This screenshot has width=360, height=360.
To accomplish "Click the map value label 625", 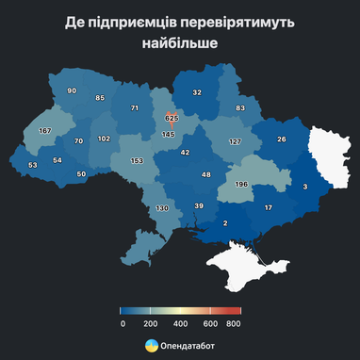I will pyautogui.click(x=171, y=119).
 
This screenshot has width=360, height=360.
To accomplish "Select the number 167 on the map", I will pyautogui.click(x=44, y=130).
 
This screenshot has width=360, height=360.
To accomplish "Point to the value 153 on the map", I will pyautogui.click(x=137, y=161).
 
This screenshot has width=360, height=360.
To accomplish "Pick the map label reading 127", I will pyautogui.click(x=235, y=141).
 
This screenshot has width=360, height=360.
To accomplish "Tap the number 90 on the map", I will pyautogui.click(x=72, y=90).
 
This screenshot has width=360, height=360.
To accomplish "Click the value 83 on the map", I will pyautogui.click(x=240, y=109).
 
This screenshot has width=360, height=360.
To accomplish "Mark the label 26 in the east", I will pyautogui.click(x=282, y=139).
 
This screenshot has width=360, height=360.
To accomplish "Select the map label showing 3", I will pyautogui.click(x=304, y=188).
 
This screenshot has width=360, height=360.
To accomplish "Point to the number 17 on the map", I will pyautogui.click(x=268, y=207).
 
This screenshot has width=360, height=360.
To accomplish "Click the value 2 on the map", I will pyautogui.click(x=225, y=222).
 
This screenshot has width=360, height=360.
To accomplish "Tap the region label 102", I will pyautogui.click(x=104, y=139).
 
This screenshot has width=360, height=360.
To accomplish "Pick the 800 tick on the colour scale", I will pyautogui.click(x=234, y=323).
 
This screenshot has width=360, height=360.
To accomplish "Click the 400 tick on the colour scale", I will pyautogui.click(x=180, y=323).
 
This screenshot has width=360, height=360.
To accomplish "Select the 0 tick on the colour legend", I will pyautogui.click(x=123, y=323).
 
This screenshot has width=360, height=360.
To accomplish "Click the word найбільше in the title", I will pyautogui.click(x=179, y=42).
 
